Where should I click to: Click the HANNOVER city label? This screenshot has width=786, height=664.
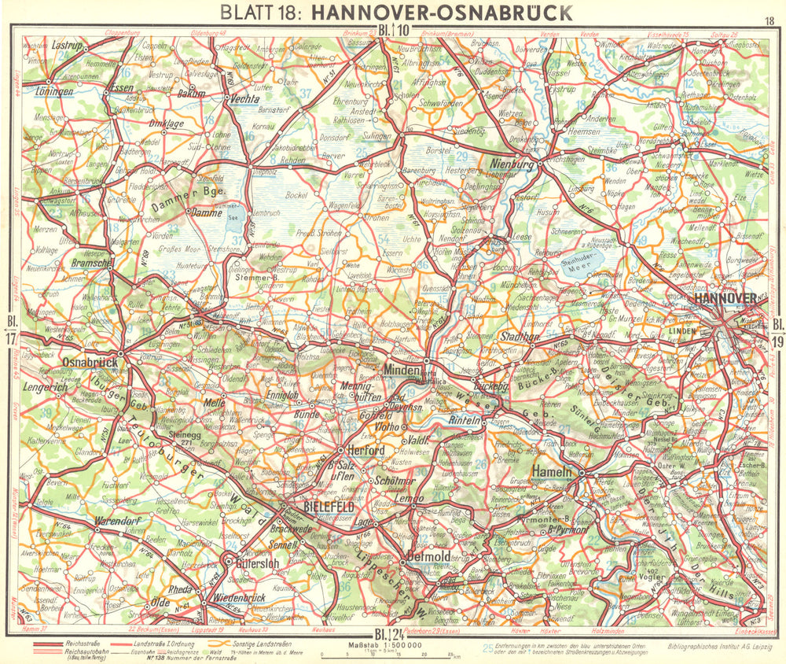(724, 298)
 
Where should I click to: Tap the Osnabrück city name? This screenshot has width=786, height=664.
(89, 362)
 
